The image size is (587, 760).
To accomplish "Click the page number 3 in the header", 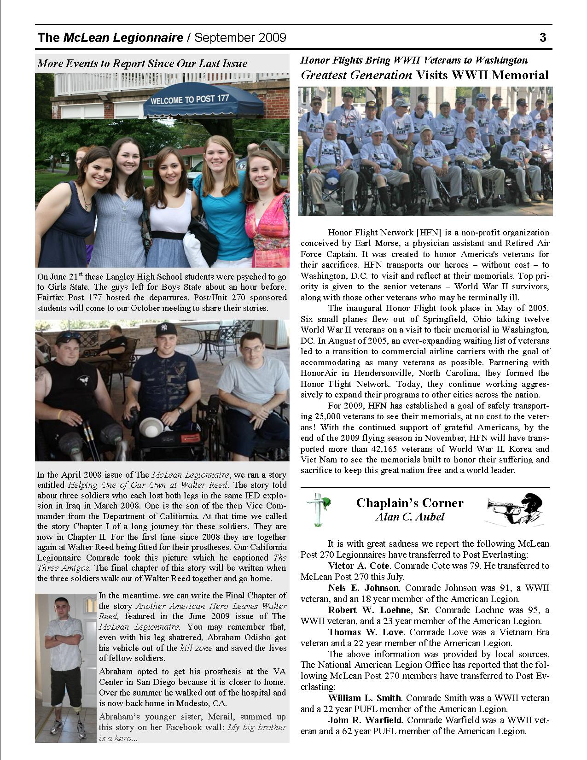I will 543,37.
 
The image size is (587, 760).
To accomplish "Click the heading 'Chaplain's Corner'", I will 410,503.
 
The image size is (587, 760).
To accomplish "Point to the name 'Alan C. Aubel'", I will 410,517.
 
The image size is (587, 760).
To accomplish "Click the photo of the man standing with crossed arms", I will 66,668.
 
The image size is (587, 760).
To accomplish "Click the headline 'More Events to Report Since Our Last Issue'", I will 142,64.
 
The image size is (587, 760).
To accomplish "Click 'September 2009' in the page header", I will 240,37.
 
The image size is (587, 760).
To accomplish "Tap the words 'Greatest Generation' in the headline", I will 356,75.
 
